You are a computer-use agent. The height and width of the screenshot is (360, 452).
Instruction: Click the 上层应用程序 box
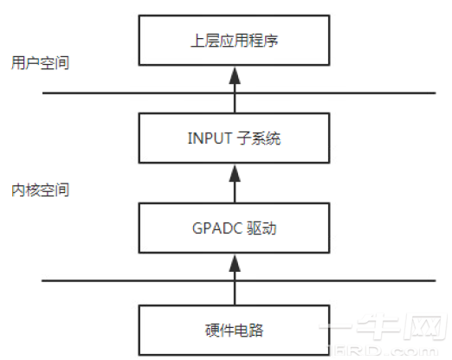click(231, 41)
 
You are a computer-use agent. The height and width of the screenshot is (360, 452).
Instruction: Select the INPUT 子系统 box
click(231, 138)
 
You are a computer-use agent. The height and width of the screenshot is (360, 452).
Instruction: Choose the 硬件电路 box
click(231, 329)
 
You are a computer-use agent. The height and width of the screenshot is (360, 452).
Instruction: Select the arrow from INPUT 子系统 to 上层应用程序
click(231, 92)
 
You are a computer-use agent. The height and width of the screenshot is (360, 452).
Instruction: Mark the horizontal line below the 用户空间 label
click(231, 92)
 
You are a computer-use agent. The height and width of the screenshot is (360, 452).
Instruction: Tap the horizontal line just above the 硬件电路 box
click(231, 280)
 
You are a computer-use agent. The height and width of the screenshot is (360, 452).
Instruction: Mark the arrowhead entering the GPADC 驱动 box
click(231, 264)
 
